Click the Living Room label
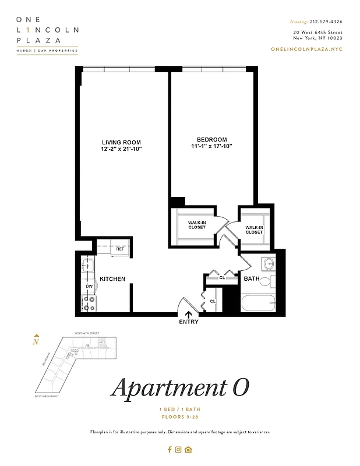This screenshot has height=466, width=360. point(121,143)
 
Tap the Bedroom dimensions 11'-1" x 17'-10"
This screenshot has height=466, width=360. point(211,146)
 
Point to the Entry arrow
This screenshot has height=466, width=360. point(188,315)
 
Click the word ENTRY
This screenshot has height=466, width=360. point(189,322)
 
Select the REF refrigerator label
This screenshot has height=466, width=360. point(120,249)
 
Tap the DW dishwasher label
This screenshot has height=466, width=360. point(90,287)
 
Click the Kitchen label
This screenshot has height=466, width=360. point(112,279)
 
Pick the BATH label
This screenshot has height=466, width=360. point(252,279)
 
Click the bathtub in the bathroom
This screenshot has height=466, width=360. point(259,303)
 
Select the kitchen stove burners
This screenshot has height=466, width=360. point(89,303)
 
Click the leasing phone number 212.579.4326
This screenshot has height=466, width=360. point(326,22)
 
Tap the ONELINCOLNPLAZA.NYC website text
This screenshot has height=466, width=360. point(306,49)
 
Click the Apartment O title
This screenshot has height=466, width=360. point(180,387)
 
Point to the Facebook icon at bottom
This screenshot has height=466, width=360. point(170,449)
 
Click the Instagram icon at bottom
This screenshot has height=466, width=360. point(179,449)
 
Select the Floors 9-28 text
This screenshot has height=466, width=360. point(180,417)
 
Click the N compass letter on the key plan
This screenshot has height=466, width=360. point(36,343)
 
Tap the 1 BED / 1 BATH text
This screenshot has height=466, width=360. point(180,411)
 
